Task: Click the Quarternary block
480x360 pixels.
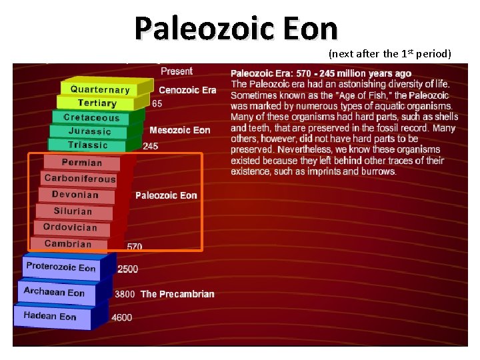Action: tap(100, 89)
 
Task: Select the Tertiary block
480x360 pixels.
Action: tap(97, 103)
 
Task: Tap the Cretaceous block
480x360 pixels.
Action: tap(91, 118)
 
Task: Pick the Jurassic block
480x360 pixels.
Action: tap(89, 131)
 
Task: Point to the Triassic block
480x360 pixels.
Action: tap(87, 145)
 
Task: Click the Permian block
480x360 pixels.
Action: tap(82, 163)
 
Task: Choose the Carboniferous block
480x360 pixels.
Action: tap(80, 179)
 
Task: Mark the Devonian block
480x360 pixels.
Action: tap(75, 195)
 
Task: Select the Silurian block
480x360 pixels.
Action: tap(73, 211)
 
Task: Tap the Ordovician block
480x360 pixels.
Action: tap(70, 227)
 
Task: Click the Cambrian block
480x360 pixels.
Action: tap(68, 244)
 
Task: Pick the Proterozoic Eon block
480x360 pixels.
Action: tap(61, 268)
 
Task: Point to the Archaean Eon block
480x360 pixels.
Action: tap(55, 293)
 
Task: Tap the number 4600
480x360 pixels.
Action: tap(122, 318)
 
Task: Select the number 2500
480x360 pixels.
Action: tap(128, 269)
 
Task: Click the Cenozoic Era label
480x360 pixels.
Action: tap(187, 90)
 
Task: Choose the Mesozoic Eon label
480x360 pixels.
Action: tap(179, 131)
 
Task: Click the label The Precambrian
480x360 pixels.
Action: tap(177, 294)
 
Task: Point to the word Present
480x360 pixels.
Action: tap(177, 71)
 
